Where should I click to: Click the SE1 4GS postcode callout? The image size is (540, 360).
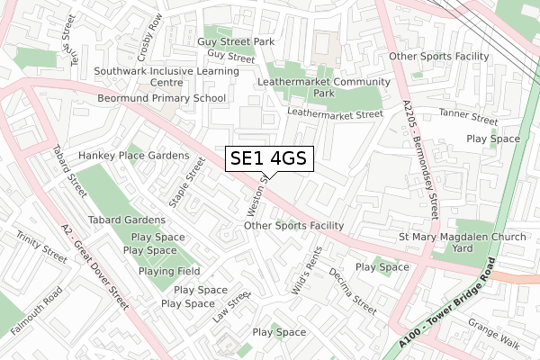click(x=269, y=159)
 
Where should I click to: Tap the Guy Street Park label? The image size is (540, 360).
click(x=238, y=41)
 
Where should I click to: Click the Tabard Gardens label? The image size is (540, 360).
click(x=126, y=220)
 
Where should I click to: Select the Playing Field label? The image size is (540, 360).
click(x=168, y=271)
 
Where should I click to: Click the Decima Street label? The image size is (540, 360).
click(x=351, y=290)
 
